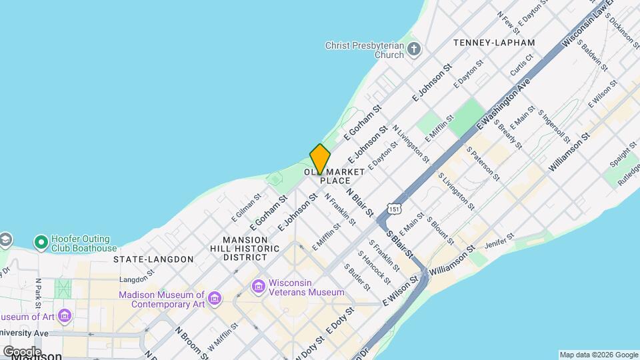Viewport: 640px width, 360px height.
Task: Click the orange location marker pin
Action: click(320, 159)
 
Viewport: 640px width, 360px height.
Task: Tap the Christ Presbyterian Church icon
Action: click(415, 49)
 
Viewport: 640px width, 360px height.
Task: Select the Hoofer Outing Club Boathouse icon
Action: click(41, 242)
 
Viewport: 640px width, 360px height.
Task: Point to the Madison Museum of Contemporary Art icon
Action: click(215, 297)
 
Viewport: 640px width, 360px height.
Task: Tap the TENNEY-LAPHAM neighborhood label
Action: click(493, 43)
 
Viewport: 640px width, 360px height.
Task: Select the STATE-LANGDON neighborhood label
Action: click(153, 259)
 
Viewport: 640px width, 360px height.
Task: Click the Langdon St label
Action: click(137, 279)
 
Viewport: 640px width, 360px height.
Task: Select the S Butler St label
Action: click(357, 276)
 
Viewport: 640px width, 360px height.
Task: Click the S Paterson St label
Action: click(483, 164)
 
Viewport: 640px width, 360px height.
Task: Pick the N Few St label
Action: click(508, 23)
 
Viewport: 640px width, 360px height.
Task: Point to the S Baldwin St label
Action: click(592, 55)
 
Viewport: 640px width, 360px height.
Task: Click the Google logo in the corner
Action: click(21, 351)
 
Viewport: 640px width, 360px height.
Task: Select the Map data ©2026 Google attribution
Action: click(598, 355)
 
